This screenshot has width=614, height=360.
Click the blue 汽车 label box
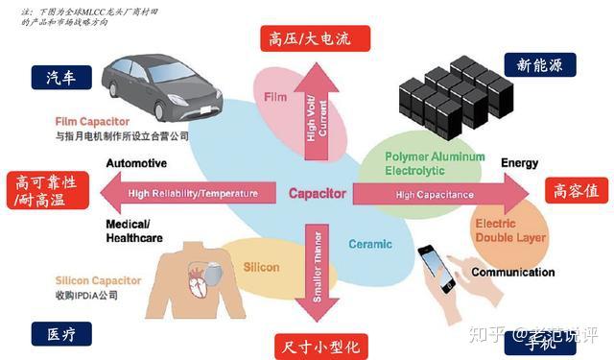(x=59, y=78)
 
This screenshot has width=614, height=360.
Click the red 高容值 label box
(x=576, y=190)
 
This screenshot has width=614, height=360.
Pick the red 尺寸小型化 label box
(x=314, y=345)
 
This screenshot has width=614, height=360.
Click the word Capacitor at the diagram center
(x=317, y=193)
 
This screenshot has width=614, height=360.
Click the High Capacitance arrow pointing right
(x=437, y=194)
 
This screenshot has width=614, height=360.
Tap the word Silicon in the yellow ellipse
(x=261, y=267)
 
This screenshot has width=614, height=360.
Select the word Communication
(x=512, y=272)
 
